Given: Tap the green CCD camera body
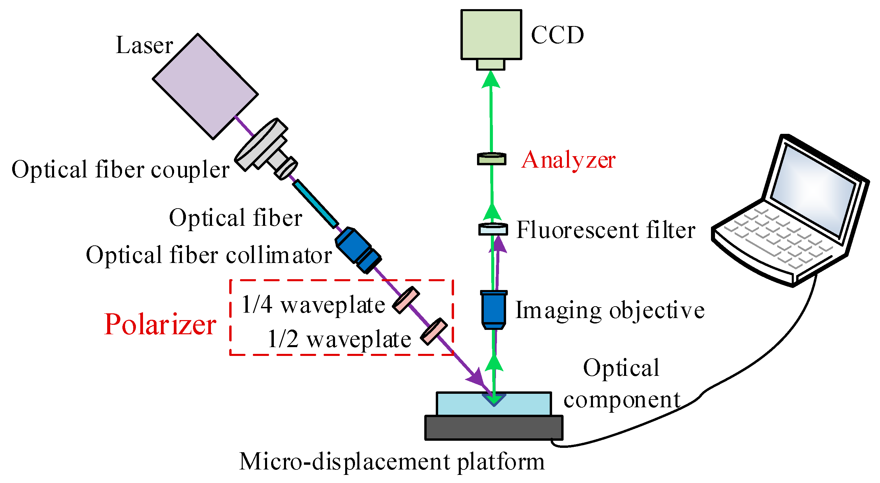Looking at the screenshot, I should coord(491,34).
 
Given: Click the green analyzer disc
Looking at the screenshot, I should coord(491,159).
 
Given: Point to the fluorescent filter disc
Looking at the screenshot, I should coord(493,229).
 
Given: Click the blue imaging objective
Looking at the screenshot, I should coord(493,310).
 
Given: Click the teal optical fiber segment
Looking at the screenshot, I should coord(315,203).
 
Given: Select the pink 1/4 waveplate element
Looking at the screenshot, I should coord(405,299).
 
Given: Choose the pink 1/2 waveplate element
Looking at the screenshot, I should coord(433,331).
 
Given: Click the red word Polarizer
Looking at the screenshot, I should coord(160,324).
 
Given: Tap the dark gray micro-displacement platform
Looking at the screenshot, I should coord(493,428).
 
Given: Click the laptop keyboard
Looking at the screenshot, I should coord(779,239).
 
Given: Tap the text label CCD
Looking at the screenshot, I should coord(557,35).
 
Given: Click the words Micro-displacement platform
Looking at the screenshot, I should coord(391,462).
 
